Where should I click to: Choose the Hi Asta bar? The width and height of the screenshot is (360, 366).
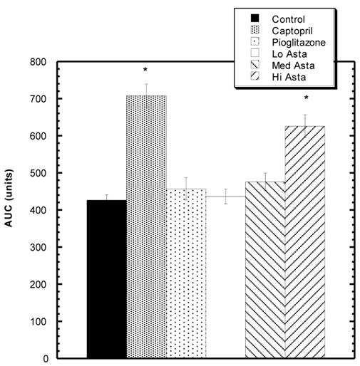pos(305,242)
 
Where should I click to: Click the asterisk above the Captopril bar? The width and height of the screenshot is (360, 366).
pos(145,70)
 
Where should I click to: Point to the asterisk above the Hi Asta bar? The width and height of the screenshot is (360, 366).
pos(306,98)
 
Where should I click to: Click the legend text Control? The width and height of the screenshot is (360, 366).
pos(289,19)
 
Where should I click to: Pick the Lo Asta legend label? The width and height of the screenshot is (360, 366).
pos(289,53)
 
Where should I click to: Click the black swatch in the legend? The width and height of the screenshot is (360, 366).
pos(254,19)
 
